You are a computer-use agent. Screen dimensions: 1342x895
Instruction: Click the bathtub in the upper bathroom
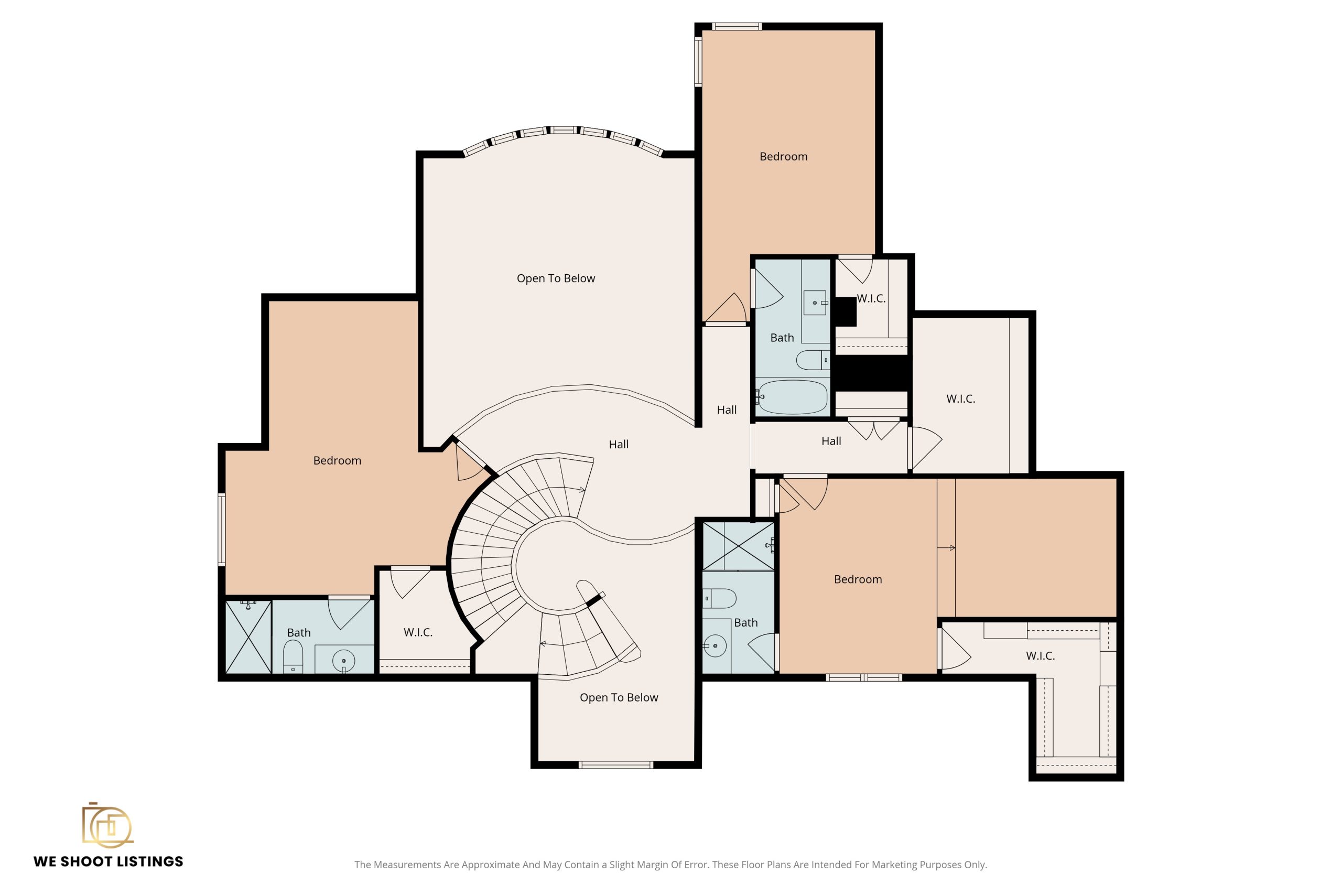click(793, 397)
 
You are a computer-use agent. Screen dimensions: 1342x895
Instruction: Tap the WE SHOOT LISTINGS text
click(109, 861)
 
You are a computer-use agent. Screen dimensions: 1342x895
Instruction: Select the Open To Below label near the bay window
click(556, 278)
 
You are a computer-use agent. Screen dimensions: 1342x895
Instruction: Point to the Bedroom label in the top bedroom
click(783, 156)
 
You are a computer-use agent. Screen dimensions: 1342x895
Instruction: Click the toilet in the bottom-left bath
click(293, 656)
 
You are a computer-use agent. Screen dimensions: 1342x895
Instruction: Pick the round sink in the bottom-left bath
click(343, 661)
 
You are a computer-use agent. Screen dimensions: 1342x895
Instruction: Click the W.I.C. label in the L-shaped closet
click(1040, 656)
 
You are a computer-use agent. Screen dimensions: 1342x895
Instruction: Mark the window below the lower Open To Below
click(615, 765)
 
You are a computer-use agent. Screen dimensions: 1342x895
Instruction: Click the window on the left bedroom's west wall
click(222, 530)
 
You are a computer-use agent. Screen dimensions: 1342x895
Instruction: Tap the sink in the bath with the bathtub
click(815, 303)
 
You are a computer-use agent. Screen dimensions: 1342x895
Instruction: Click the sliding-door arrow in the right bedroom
click(946, 548)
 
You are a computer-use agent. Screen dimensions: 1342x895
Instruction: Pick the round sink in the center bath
click(715, 645)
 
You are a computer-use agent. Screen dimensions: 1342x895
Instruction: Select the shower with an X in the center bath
click(738, 546)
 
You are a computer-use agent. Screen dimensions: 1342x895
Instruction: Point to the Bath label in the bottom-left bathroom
click(299, 632)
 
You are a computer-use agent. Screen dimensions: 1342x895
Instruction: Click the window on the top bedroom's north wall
click(737, 26)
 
